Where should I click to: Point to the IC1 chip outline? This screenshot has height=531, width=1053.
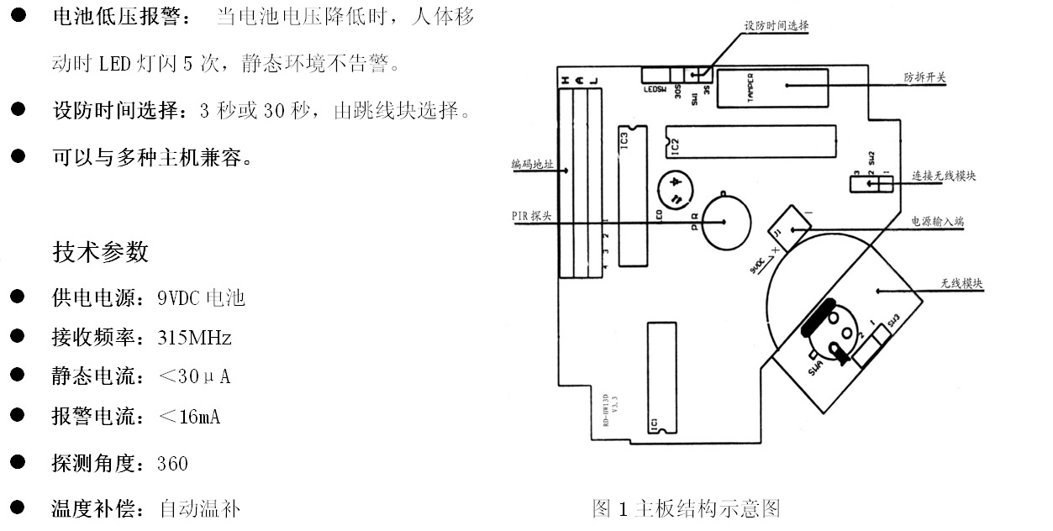[661, 378]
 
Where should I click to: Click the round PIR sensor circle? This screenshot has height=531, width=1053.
[726, 221]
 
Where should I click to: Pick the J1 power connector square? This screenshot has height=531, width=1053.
[789, 225]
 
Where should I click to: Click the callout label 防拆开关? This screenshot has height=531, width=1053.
[925, 77]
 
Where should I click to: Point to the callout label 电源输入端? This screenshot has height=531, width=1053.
[938, 222]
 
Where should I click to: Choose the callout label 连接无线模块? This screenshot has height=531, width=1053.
[944, 176]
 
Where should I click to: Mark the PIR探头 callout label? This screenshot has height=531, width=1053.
[531, 215]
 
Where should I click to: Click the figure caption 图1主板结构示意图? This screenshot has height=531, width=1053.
[687, 508]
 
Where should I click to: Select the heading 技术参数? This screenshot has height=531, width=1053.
[100, 252]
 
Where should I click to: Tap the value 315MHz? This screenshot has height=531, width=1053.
[194, 338]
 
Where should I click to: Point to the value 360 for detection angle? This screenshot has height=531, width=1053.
[172, 464]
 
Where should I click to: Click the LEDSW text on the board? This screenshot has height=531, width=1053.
[655, 90]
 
